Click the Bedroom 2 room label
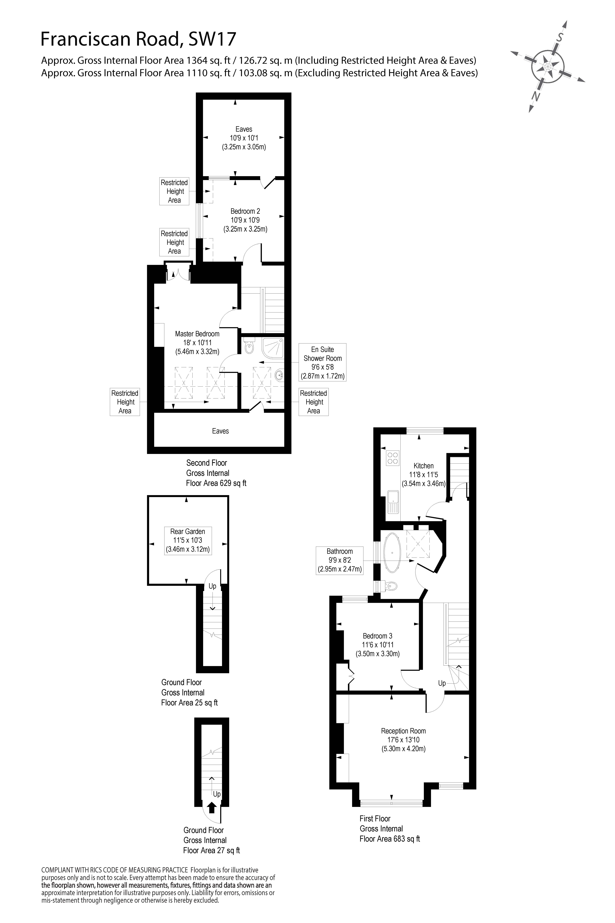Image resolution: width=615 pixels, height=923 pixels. pos(245,211)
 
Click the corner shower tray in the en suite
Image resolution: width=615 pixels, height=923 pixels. pos(273,348)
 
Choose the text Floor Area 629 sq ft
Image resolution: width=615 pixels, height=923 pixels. pos(216,483)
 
